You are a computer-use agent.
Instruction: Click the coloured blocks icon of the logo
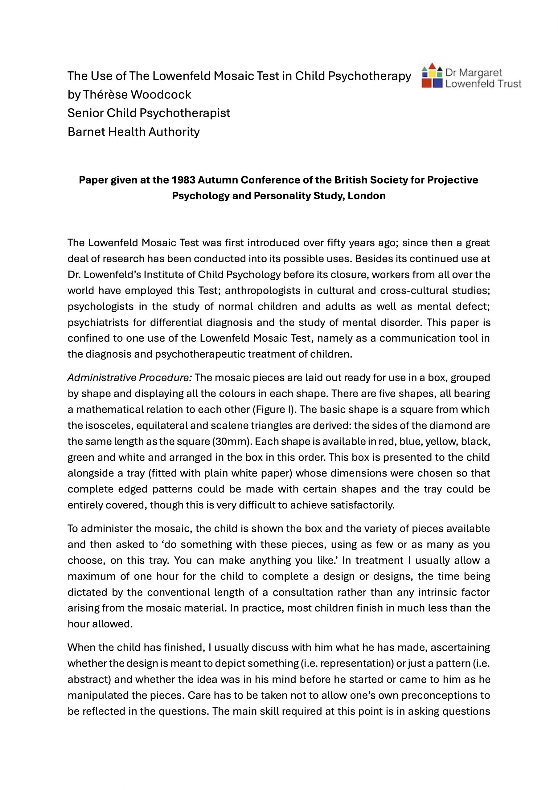click(x=432, y=75)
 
